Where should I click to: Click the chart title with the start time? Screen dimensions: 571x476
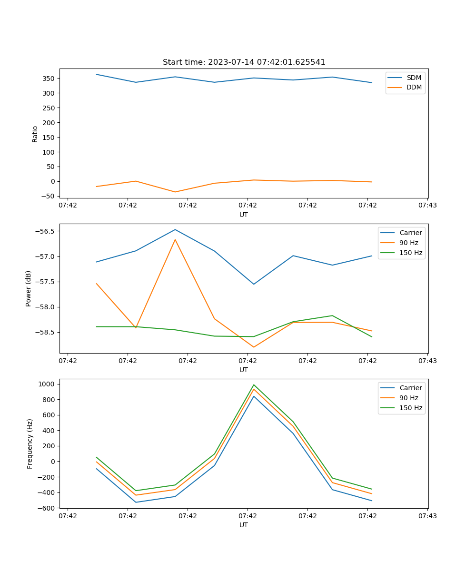(x=244, y=62)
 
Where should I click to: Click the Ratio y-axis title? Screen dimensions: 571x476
(x=35, y=133)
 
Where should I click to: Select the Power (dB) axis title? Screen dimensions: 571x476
(x=29, y=288)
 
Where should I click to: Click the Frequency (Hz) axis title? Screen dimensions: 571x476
(x=30, y=443)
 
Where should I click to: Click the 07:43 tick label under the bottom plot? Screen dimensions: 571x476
(x=427, y=516)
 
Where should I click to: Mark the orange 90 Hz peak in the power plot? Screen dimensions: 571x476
(x=175, y=239)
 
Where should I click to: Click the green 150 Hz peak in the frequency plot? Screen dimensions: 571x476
(x=254, y=384)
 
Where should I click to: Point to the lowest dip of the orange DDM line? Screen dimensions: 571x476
(x=175, y=192)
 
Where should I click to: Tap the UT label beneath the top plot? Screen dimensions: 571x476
(x=244, y=215)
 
